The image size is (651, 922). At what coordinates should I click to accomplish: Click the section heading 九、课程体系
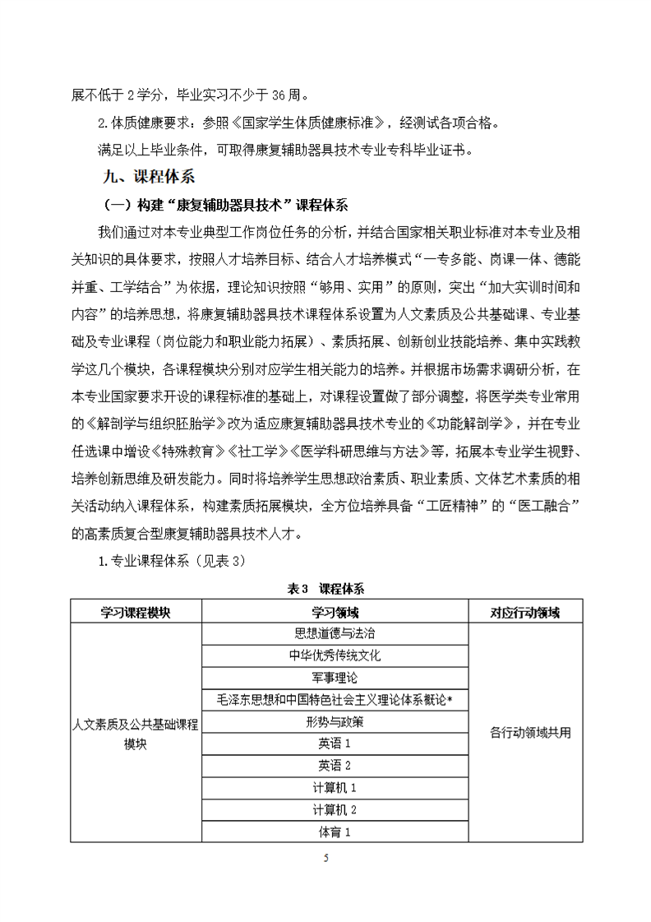click(x=146, y=176)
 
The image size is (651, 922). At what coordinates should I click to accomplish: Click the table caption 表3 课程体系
click(x=325, y=589)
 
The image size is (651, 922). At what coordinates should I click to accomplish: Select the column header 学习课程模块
click(x=136, y=612)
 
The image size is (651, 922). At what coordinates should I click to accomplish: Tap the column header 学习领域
click(x=335, y=612)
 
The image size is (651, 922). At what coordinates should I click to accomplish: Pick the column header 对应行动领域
click(x=524, y=612)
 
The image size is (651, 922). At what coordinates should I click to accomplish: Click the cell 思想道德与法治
click(x=335, y=633)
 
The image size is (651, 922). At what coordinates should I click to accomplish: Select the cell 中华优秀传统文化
click(x=335, y=656)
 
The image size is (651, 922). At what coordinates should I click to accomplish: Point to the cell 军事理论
click(x=335, y=678)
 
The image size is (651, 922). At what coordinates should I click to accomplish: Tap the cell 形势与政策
click(x=335, y=722)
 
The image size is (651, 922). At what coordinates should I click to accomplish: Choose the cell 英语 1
click(x=335, y=744)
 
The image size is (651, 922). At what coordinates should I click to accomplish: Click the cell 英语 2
click(x=335, y=766)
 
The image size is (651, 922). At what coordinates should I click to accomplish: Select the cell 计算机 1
click(x=335, y=788)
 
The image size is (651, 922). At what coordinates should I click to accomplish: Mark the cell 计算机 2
click(x=335, y=810)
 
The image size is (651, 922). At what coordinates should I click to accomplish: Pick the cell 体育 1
click(x=335, y=832)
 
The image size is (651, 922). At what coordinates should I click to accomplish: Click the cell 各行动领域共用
click(x=524, y=732)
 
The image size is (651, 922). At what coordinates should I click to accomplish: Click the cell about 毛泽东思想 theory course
click(x=335, y=700)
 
